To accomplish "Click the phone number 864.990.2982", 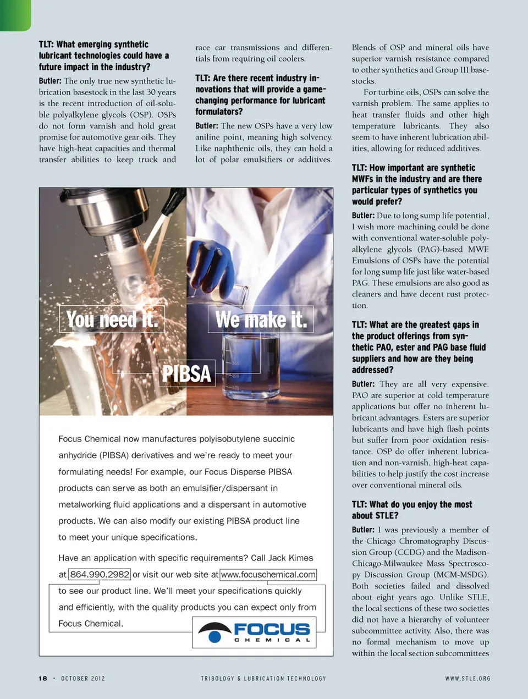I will tap(100, 575).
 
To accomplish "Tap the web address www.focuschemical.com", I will tap(268, 575).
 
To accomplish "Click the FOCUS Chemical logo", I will tap(254, 632).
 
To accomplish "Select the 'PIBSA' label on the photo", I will tap(186, 374).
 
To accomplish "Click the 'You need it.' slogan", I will tap(112, 320).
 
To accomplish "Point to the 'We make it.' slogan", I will tap(261, 320).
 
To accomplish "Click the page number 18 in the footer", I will tap(43, 679).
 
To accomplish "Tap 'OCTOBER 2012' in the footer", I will tap(82, 679).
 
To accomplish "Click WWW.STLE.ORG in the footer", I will tap(468, 679).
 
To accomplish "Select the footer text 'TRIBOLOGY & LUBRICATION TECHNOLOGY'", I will tap(263, 679).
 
